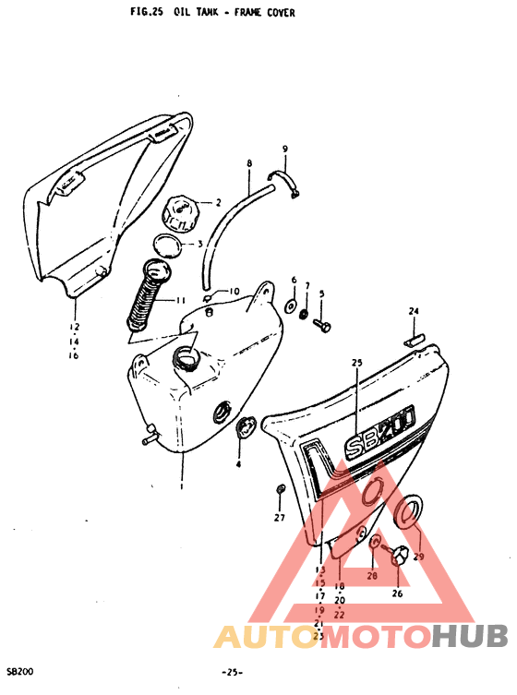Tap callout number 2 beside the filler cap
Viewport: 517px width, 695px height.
click(x=219, y=202)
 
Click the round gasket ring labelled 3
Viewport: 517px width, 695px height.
click(x=166, y=246)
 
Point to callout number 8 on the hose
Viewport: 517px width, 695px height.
click(x=248, y=163)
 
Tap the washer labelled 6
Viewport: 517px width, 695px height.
click(x=291, y=305)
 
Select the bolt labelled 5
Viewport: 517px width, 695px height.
click(x=321, y=324)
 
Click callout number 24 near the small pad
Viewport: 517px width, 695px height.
click(x=414, y=311)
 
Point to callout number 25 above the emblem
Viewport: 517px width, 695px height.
click(x=356, y=363)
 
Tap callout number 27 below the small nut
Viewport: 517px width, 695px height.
click(x=279, y=518)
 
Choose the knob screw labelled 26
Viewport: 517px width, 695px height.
click(x=400, y=556)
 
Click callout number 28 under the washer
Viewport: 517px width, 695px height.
click(x=372, y=575)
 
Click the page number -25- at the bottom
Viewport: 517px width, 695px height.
click(x=232, y=672)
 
